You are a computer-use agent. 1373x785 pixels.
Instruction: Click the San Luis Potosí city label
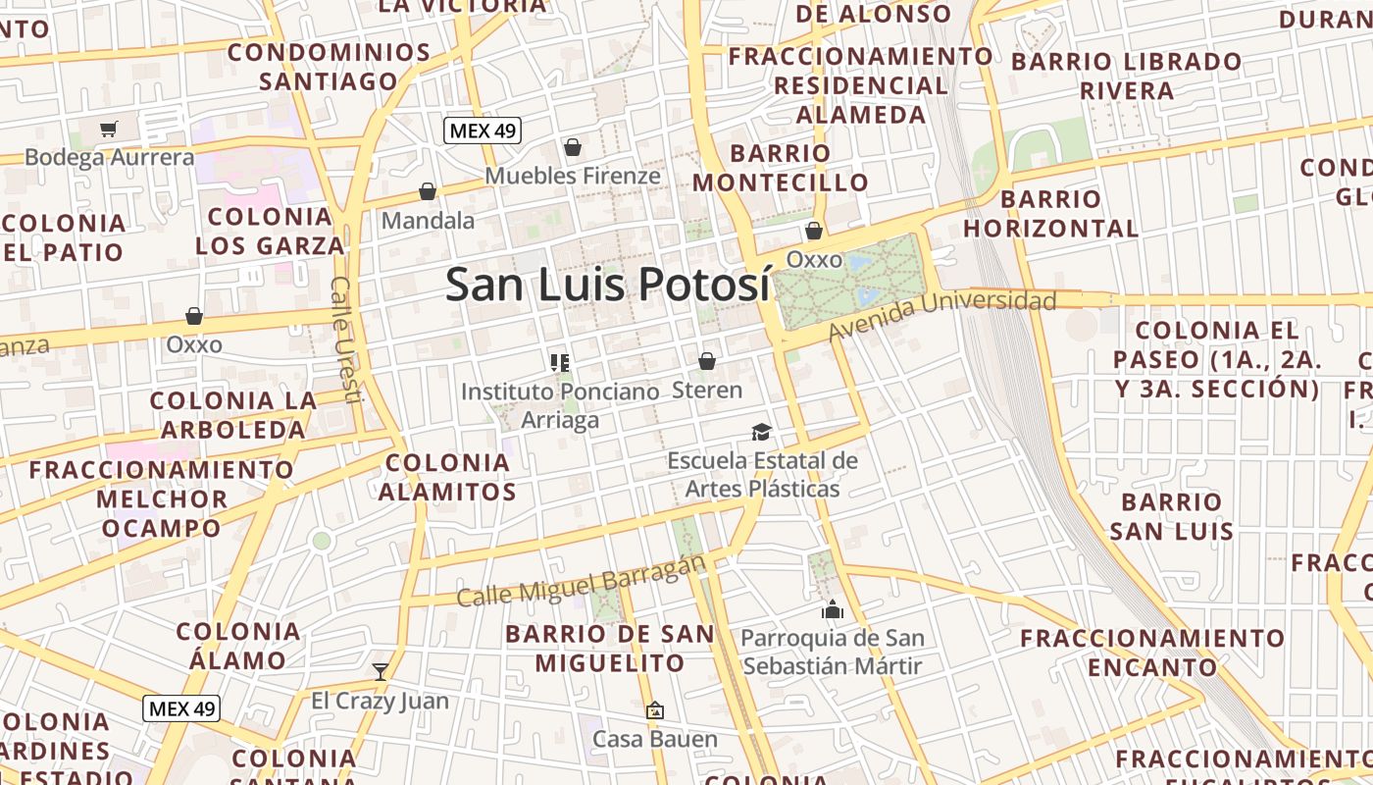point(607,285)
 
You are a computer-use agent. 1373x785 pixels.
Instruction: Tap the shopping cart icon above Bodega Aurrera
point(109,129)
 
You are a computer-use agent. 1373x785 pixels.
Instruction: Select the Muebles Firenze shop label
point(573,176)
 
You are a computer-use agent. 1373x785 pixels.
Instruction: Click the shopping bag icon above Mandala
point(428,191)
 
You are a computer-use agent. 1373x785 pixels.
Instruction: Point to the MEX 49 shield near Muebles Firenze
point(482,130)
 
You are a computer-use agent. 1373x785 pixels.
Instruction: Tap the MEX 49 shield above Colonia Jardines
point(181,708)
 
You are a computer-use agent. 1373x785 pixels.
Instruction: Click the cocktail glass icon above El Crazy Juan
point(381,672)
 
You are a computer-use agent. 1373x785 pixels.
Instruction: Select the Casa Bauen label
point(655,739)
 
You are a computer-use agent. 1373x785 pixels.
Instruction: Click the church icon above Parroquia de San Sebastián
point(833,609)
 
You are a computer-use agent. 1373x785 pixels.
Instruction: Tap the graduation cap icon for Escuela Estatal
point(761,432)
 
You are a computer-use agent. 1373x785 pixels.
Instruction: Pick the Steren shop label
point(707,390)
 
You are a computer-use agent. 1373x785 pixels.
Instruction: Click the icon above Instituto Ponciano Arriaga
point(560,363)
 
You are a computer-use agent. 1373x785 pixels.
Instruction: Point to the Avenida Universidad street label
point(941,316)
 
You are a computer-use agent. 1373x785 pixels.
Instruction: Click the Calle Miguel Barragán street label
point(582,581)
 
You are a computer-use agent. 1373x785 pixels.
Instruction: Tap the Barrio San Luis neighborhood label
point(1172,517)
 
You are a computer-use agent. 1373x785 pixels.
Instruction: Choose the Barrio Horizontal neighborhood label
point(1050,214)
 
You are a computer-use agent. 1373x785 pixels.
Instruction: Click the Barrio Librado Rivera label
point(1127,77)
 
